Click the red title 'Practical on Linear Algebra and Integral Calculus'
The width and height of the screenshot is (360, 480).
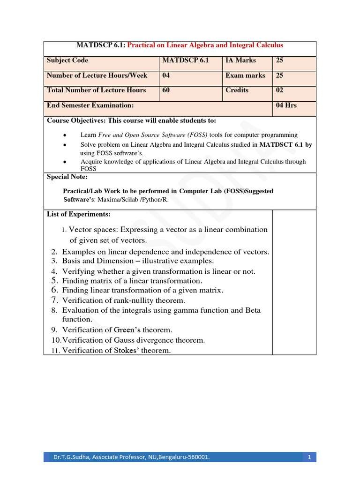pyautogui.click(x=205, y=45)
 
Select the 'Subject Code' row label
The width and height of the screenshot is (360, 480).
pyautogui.click(x=67, y=60)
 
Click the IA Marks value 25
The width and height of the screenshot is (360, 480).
pyautogui.click(x=280, y=60)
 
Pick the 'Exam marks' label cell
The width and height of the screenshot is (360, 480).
pyautogui.click(x=245, y=75)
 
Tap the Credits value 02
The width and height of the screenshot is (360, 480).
pyautogui.click(x=280, y=90)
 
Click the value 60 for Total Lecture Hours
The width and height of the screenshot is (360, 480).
pyautogui.click(x=166, y=90)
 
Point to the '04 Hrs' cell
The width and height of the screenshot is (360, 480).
pyautogui.click(x=286, y=105)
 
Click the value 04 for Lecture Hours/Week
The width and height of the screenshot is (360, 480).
pyautogui.click(x=166, y=75)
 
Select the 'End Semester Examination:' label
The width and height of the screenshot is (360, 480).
pyautogui.click(x=90, y=105)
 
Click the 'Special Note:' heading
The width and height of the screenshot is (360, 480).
pyautogui.click(x=67, y=177)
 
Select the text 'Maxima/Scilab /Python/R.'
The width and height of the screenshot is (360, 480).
pyautogui.click(x=133, y=199)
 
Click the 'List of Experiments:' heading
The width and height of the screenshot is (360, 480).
pyautogui.click(x=79, y=214)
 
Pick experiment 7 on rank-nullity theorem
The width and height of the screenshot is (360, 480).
pyautogui.click(x=123, y=300)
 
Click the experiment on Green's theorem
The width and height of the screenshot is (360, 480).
pyautogui.click(x=117, y=330)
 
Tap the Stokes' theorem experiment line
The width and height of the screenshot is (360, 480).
pyautogui.click(x=116, y=351)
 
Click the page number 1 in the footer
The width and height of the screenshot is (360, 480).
pyautogui.click(x=309, y=457)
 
